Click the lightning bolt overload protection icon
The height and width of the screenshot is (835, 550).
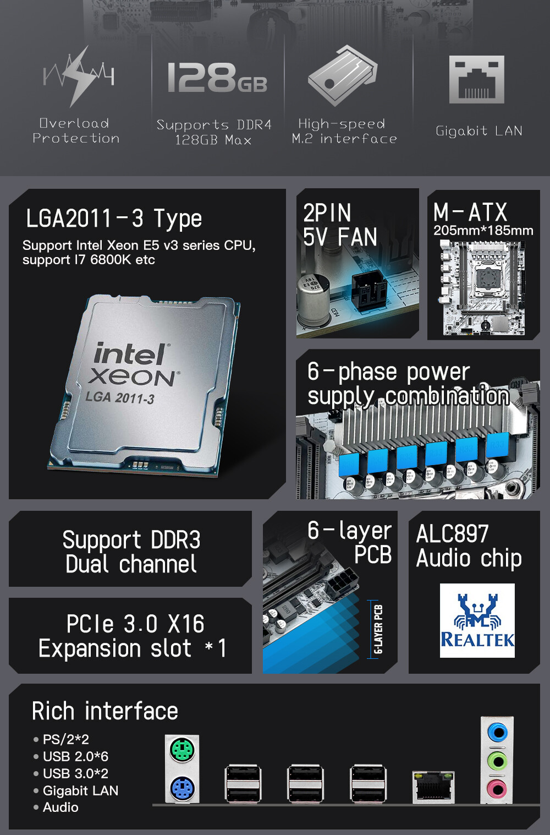[79, 76]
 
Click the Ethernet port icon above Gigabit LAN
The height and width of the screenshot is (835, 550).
[477, 79]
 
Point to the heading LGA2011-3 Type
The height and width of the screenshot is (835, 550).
[114, 219]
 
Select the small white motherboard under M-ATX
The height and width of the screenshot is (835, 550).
[482, 287]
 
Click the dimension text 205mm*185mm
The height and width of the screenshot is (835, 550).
[483, 231]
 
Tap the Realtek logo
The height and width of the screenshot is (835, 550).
[477, 620]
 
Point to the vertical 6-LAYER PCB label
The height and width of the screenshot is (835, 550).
[378, 629]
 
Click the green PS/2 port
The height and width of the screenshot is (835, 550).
[182, 750]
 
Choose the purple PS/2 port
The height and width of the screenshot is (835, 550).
[182, 788]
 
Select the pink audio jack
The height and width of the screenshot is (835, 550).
[497, 788]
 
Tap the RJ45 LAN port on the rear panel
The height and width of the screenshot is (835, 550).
[433, 787]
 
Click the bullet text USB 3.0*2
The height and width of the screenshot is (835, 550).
[75, 773]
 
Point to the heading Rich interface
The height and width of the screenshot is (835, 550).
[105, 711]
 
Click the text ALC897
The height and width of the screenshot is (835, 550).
[453, 533]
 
